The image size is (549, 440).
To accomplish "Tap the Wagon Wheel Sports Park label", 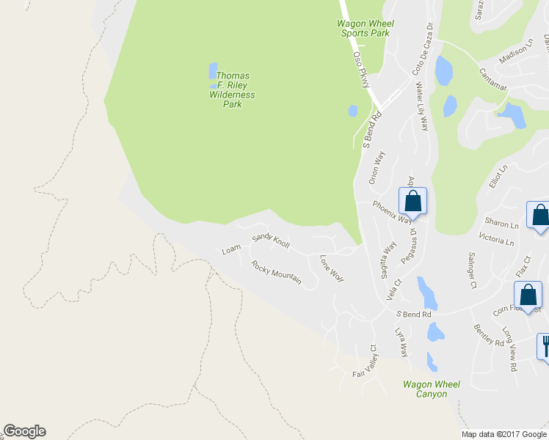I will [x=364, y=28].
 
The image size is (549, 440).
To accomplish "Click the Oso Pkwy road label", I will [x=360, y=70].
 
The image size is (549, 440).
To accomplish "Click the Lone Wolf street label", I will [x=332, y=268].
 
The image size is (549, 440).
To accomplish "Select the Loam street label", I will [x=231, y=249].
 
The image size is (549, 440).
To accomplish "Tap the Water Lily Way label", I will [x=422, y=107].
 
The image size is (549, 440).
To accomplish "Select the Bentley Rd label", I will [x=489, y=334].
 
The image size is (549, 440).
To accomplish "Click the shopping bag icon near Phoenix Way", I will [x=412, y=202].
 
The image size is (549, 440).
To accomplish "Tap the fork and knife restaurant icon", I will [x=544, y=345].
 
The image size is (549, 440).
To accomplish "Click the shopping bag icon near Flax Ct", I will [x=528, y=296].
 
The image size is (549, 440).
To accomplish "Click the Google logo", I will [x=24, y=431].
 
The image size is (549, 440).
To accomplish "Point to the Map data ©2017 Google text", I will [x=504, y=434].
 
